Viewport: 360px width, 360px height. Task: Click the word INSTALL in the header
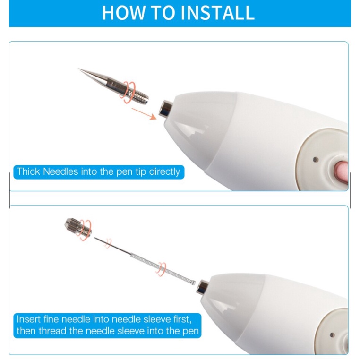(x=218, y=13)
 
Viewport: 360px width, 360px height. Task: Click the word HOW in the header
(x=123, y=13)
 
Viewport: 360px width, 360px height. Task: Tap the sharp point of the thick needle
(x=79, y=69)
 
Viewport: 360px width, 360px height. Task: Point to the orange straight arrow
(x=144, y=114)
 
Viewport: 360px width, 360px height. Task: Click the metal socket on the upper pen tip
(x=166, y=108)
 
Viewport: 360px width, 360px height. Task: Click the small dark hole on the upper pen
(x=316, y=159)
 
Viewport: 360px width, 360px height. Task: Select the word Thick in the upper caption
(x=28, y=171)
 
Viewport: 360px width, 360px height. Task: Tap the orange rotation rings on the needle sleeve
(x=85, y=230)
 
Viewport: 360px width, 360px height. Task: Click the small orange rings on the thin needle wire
(x=108, y=243)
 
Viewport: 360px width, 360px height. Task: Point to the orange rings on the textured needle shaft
(x=161, y=269)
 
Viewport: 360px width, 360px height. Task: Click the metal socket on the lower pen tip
(x=202, y=287)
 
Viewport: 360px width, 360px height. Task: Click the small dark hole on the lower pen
(x=332, y=335)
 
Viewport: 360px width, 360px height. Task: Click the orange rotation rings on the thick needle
(x=128, y=92)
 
